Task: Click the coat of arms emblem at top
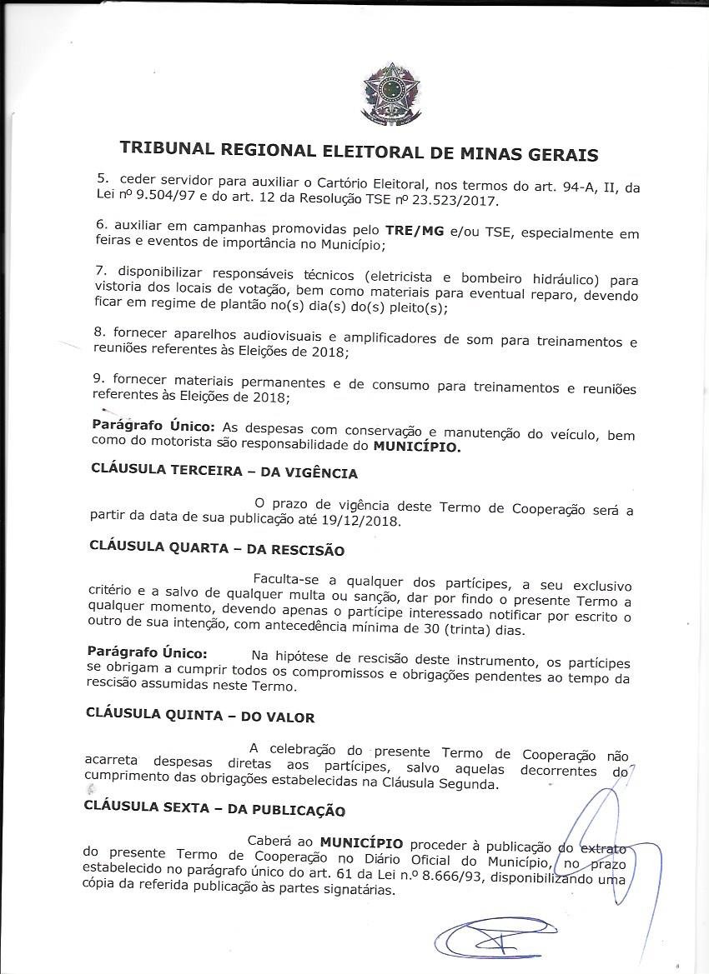click(390, 93)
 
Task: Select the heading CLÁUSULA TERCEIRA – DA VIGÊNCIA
click(224, 472)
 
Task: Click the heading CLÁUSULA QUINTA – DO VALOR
click(200, 716)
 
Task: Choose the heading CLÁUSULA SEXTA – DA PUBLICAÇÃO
click(214, 807)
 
